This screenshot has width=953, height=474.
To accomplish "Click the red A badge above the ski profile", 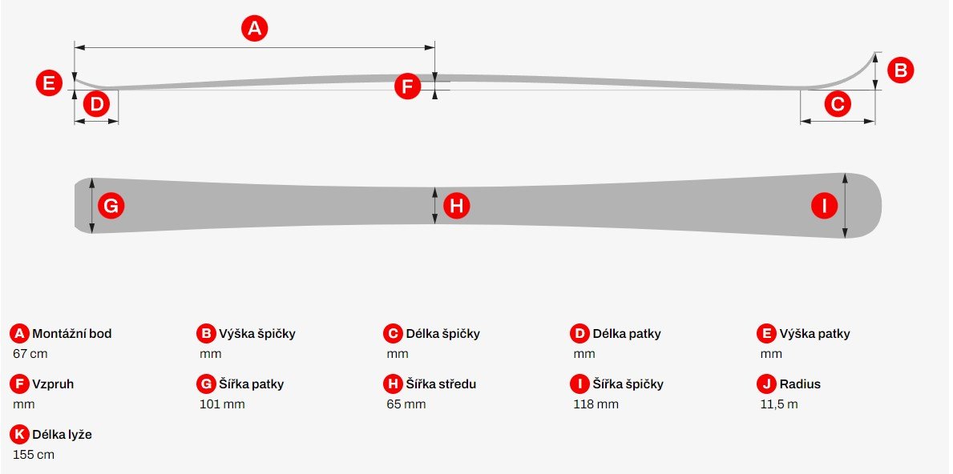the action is click(255, 28).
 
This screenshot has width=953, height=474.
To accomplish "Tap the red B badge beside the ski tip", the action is click(901, 70).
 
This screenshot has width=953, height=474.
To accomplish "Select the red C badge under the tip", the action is click(838, 104).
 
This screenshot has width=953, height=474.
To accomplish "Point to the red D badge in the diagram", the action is click(97, 104).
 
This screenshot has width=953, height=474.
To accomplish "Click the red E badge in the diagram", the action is click(49, 82).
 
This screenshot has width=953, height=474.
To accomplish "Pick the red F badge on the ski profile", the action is click(407, 86).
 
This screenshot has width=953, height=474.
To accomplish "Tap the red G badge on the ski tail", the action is click(111, 206).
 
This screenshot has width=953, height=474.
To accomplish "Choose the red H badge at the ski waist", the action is click(456, 206).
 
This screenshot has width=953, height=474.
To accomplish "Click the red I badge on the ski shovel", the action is click(825, 207).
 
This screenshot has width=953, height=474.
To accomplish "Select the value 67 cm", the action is click(30, 354).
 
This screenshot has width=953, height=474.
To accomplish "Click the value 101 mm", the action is click(222, 404).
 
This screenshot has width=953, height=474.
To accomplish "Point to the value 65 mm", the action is click(406, 404).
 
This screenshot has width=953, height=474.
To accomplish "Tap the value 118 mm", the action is click(596, 404).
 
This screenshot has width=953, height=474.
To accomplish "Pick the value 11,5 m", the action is click(778, 404).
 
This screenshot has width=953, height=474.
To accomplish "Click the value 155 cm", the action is click(34, 455).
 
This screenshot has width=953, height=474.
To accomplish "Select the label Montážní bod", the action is click(71, 334).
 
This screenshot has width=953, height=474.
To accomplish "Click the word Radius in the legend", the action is click(800, 384).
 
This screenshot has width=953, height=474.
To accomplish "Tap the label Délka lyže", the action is click(62, 435).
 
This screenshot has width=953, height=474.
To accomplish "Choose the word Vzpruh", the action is click(53, 384).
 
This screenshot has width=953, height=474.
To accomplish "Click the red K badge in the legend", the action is click(20, 435).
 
